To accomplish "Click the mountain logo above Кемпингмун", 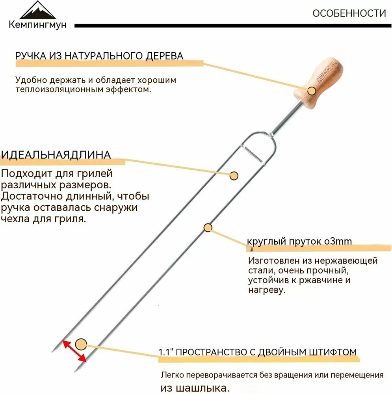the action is tap(38, 10).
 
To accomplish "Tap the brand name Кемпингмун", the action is tap(38, 24).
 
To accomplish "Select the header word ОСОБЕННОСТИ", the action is tap(349, 13).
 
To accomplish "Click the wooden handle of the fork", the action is tap(320, 82).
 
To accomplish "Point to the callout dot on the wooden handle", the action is tap(312, 91).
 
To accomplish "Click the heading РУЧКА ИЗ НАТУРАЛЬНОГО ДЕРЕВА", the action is tap(99, 56).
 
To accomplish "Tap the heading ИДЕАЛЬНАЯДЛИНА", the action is tap(56, 155).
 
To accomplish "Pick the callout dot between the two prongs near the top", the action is tap(234, 176).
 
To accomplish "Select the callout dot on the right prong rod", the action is tap(208, 228).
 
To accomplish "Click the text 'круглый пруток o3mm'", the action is tap(299, 241).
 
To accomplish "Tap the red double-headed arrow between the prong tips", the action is tap(74, 351).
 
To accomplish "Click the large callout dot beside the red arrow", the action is tap(81, 344).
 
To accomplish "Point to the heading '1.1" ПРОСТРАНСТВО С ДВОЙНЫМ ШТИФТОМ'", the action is tap(258, 352).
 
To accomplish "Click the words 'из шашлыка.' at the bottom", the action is tap(195, 388).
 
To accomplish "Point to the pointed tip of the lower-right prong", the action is tap(75, 372).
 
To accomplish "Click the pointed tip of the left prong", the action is tap(53, 351).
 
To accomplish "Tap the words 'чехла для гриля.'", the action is tap(43, 219).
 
